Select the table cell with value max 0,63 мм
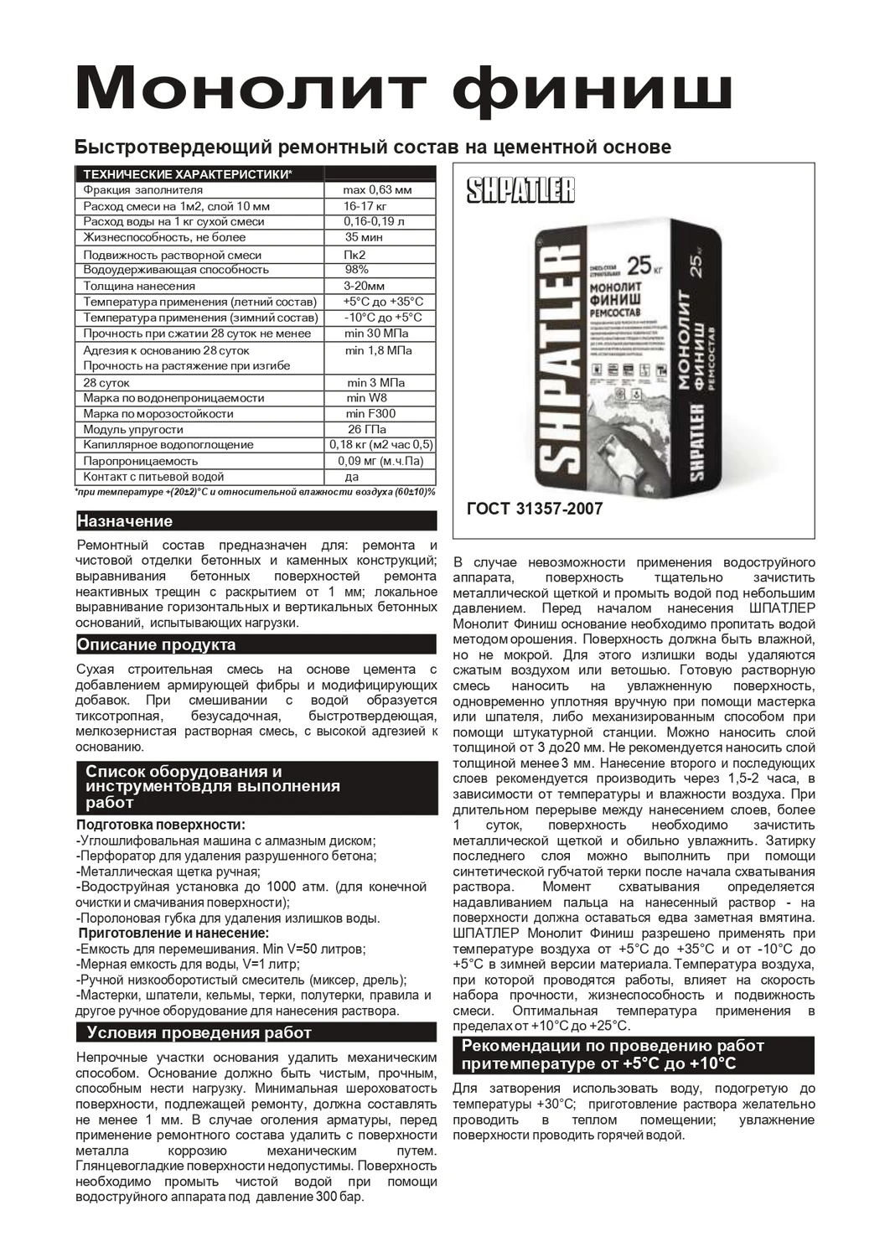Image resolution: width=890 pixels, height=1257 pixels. (378, 190)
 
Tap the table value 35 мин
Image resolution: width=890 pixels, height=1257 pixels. (364, 237)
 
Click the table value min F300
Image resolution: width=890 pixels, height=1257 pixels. (370, 413)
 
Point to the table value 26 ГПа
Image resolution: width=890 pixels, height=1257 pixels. (366, 429)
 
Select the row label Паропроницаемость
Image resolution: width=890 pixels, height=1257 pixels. (141, 461)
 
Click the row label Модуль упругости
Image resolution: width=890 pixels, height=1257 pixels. (133, 429)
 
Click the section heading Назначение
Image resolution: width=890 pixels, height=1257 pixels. (125, 521)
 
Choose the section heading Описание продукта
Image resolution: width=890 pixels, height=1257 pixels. (156, 644)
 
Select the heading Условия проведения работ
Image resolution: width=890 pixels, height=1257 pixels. (199, 1032)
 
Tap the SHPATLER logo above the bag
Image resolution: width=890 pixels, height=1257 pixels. (520, 191)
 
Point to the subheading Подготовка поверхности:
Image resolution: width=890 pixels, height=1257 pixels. (161, 825)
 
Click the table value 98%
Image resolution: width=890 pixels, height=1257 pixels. (357, 269)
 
